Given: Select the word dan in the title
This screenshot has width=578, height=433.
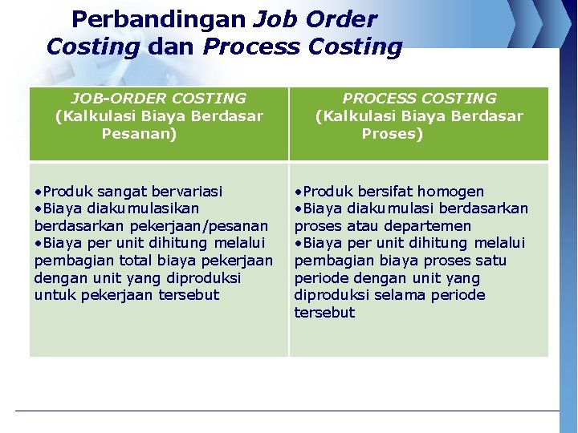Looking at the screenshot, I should tap(171, 47).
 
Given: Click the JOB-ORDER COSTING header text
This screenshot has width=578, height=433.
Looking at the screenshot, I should tap(158, 99).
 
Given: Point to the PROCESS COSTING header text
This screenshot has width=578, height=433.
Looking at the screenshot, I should tap(419, 99).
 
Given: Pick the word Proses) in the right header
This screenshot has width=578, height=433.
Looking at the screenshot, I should tap(393, 134).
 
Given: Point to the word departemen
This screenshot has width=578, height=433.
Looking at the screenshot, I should tap(428, 226).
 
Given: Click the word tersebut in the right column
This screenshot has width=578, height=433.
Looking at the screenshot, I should tap(324, 313).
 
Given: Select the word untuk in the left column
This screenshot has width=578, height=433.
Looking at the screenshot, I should tap(52, 295).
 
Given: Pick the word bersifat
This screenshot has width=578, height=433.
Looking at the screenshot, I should tap(375, 192).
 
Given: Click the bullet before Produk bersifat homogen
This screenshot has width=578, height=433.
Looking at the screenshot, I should tap(298, 192).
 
